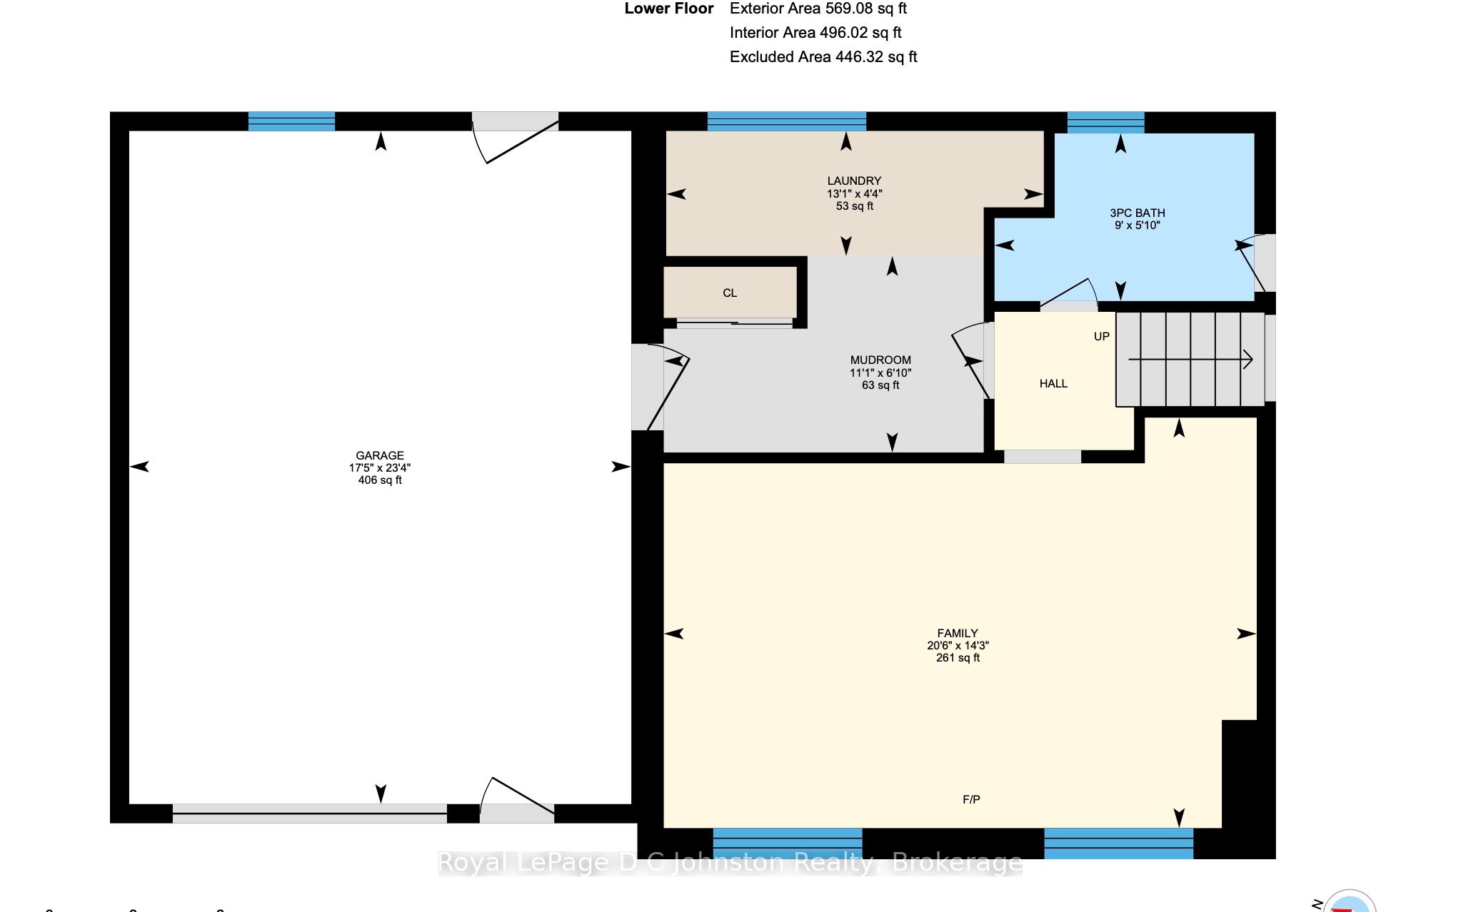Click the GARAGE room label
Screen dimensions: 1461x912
tap(380, 455)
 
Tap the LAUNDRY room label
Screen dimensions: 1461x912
tap(854, 181)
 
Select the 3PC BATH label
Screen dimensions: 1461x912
tap(1138, 213)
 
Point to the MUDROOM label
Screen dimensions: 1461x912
tap(880, 360)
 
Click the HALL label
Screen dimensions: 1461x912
tap(1053, 384)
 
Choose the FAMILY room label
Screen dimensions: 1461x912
tap(958, 633)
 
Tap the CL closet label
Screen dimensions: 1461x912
tap(730, 293)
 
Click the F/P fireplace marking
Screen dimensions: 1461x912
tap(971, 800)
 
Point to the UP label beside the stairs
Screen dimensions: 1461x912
tap(1102, 336)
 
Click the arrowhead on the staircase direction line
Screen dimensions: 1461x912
tap(1248, 359)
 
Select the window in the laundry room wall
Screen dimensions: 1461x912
tap(786, 121)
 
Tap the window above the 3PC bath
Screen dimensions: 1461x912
tap(1105, 122)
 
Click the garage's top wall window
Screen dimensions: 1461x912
tap(291, 121)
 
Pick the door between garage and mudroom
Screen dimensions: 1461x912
tap(661, 387)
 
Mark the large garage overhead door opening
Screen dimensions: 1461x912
tap(310, 814)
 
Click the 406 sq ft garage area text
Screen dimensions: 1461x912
tap(380, 480)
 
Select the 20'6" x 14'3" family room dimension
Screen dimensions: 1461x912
tap(958, 645)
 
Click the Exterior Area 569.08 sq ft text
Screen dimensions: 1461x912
tap(818, 9)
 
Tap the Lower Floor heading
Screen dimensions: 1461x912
tap(669, 9)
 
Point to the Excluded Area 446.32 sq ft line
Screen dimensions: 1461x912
tap(823, 57)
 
